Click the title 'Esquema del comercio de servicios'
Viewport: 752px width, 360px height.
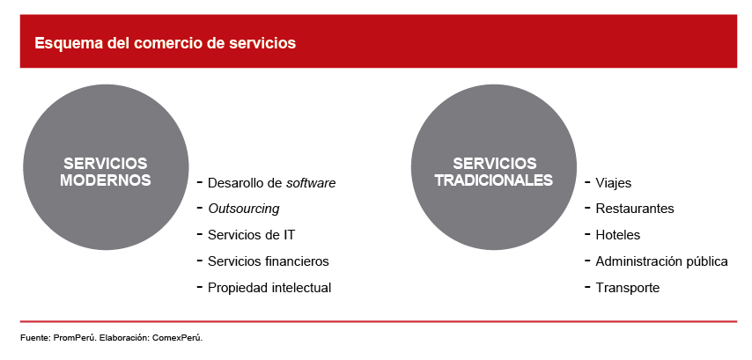(x=165, y=43)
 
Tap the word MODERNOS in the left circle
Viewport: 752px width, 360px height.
(x=106, y=180)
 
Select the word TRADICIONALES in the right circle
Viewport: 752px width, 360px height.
(x=494, y=180)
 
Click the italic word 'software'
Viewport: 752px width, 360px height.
(x=311, y=182)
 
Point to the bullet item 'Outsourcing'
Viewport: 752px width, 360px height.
(x=244, y=209)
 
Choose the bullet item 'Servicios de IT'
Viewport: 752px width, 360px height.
(x=251, y=235)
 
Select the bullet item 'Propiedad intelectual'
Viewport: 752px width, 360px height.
(x=269, y=288)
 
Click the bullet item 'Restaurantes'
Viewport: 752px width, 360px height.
(x=635, y=209)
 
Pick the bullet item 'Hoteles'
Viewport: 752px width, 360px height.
(x=618, y=235)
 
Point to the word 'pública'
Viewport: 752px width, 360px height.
(x=710, y=261)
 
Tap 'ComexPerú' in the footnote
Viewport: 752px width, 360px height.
(x=178, y=338)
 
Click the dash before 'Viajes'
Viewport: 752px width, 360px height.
(x=587, y=182)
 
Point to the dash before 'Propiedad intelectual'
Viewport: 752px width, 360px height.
(x=200, y=287)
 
